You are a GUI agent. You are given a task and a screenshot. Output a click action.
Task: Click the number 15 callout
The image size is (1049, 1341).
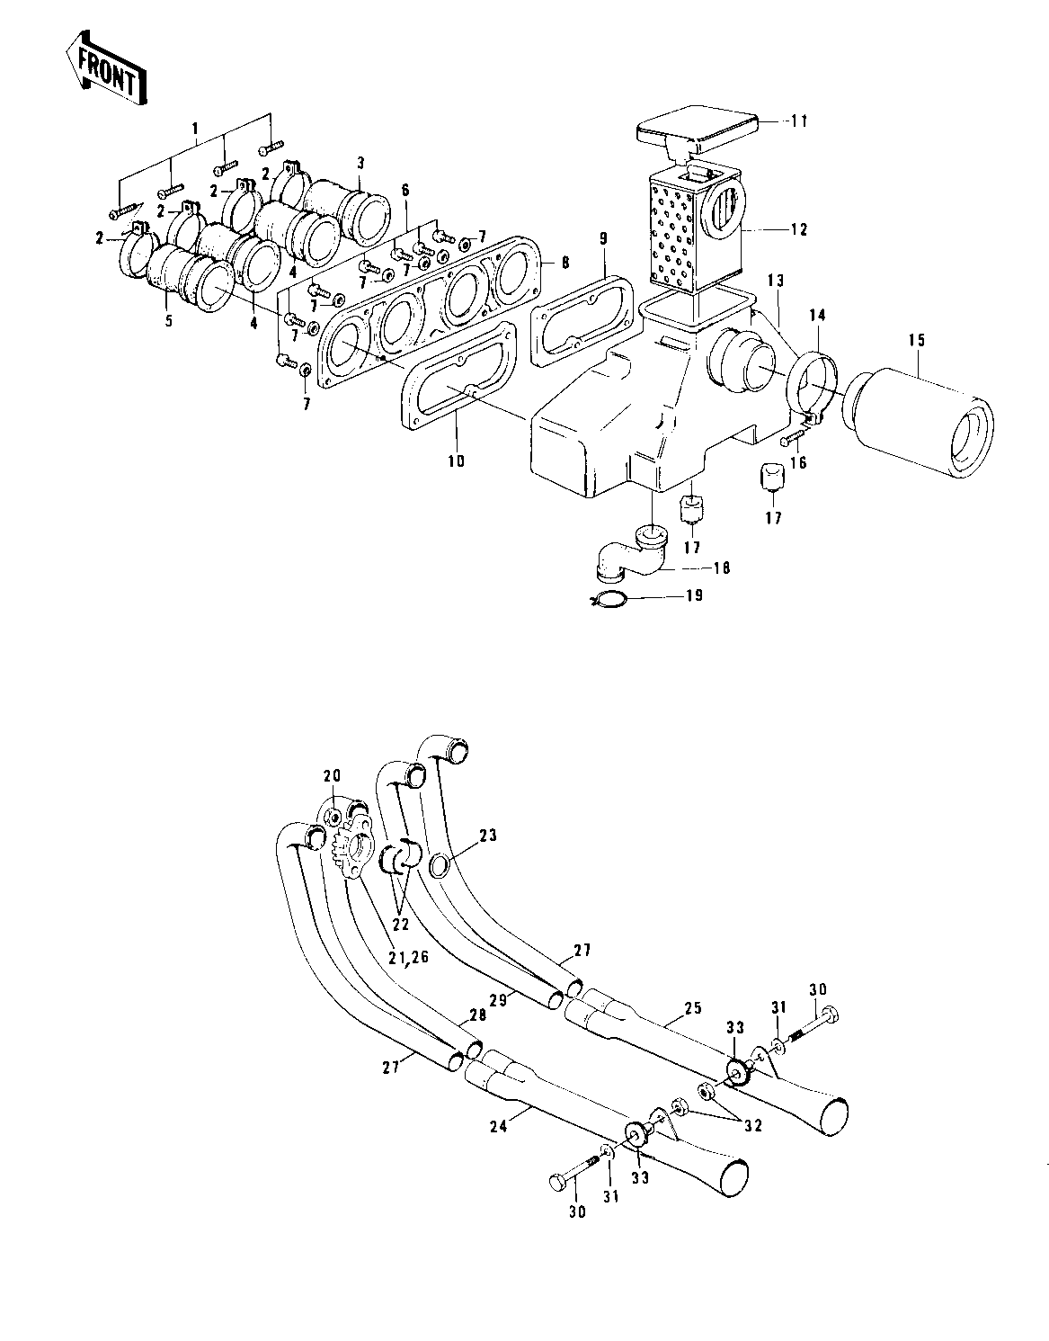[916, 340]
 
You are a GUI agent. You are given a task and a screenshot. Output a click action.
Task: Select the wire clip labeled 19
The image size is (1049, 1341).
[609, 599]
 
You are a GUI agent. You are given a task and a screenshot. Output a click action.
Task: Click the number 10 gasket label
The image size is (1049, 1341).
[457, 460]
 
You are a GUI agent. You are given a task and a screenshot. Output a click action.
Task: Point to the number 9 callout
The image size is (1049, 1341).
[603, 239]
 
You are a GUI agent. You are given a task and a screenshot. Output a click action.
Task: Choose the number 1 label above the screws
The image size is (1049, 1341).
[195, 129]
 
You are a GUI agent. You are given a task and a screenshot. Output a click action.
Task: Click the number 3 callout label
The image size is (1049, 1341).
[360, 163]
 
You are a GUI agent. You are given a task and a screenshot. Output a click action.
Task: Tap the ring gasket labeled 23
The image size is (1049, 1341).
[440, 864]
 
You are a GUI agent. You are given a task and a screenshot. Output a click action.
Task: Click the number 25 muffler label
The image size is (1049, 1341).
[693, 1007]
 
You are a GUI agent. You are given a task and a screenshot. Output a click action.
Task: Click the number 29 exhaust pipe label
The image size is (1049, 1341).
[498, 999]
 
